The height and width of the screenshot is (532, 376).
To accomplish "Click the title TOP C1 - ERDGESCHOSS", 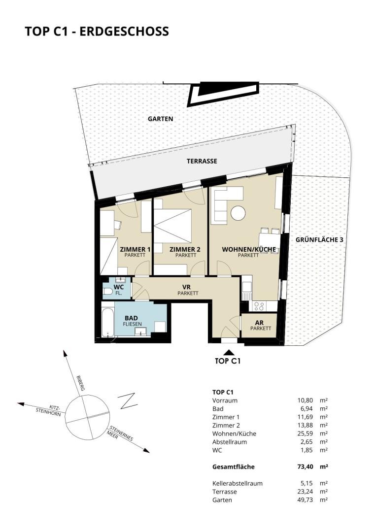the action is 97,31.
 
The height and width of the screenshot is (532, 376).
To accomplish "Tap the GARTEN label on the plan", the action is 161,119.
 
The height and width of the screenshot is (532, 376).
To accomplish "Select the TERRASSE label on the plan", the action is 202,161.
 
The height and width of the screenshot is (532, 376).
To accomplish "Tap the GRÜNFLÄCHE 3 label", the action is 319,239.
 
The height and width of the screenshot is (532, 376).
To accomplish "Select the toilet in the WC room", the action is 108,292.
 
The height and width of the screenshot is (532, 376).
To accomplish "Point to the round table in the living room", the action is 238,213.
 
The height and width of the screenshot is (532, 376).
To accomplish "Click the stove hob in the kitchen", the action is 259,306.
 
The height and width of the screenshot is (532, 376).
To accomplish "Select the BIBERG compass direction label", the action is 80,383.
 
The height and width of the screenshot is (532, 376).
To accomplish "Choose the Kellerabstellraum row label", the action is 238,484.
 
